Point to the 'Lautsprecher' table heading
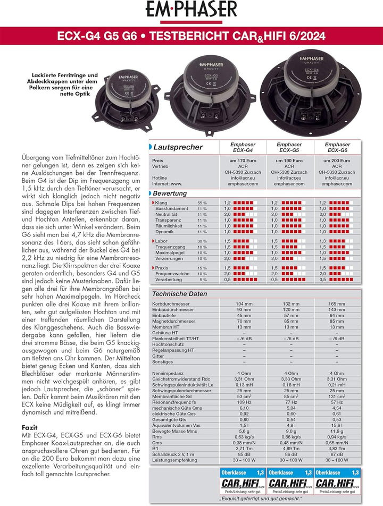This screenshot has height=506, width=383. point(178,147)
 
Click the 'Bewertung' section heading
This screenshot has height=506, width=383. point(170,193)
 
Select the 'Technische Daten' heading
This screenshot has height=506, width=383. point(179,294)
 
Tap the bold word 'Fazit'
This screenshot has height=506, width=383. point(29,427)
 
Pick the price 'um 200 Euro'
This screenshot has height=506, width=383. point(337,161)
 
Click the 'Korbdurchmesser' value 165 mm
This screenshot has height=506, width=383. point(337,303)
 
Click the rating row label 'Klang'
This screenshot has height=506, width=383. point(161,203)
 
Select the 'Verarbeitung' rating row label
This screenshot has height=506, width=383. point(169,279)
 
